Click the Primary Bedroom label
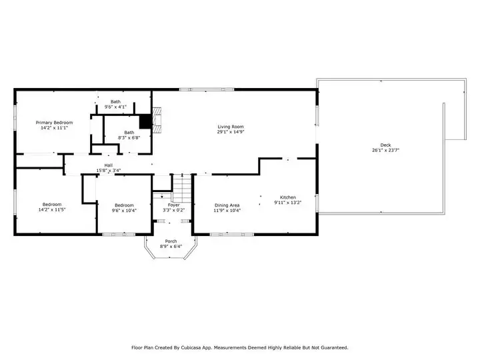pos(54,123)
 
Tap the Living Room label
pos(231,127)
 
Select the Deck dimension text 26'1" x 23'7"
pos(386,150)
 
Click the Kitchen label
pos(288,197)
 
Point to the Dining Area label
pos(227,205)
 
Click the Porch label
pos(171,241)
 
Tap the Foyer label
pos(173,205)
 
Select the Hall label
pos(109,165)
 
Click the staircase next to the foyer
pos(182,188)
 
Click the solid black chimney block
pos(145,122)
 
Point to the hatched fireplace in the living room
pos(157,120)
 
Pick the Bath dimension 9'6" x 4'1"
pos(115,107)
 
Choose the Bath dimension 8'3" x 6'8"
pos(129,138)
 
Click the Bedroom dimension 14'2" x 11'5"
pos(52,210)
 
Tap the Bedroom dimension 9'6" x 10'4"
pos(124,211)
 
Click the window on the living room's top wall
pos(207,89)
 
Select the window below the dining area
pos(232,235)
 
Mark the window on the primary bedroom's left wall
pos(15,117)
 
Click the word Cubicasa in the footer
pos(191,348)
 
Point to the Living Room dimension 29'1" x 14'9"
pos(231,132)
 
